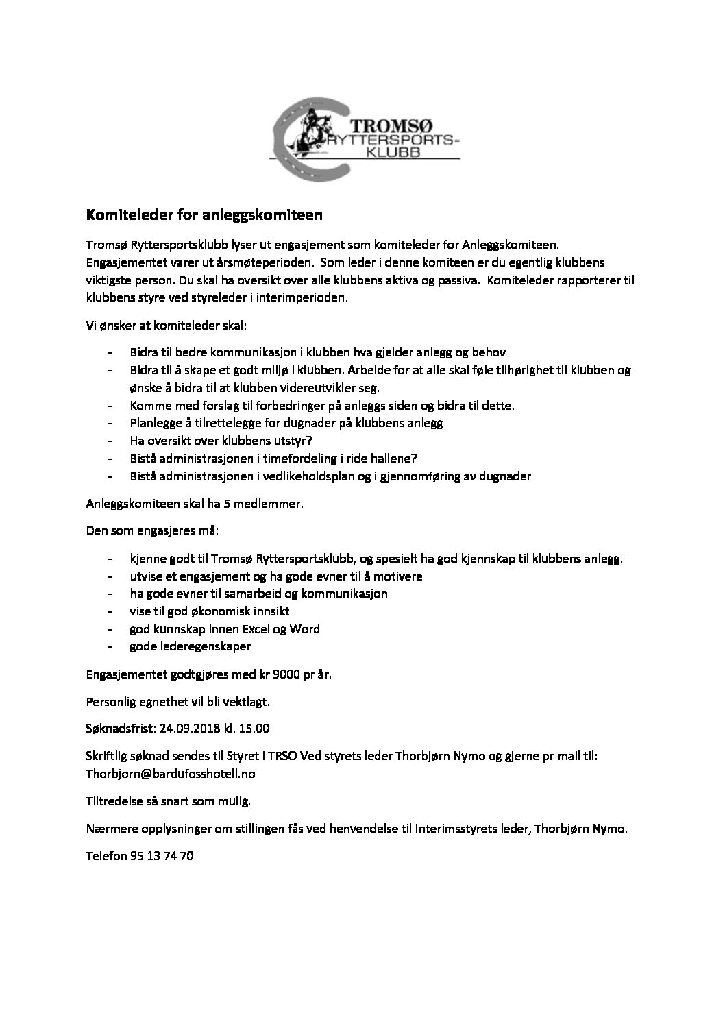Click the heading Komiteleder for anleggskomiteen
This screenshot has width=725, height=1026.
tap(204, 215)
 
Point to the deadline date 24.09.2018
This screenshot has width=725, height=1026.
tap(184, 727)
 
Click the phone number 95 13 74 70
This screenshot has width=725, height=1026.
tap(161, 855)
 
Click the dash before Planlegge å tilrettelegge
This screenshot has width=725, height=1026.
tap(110, 423)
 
